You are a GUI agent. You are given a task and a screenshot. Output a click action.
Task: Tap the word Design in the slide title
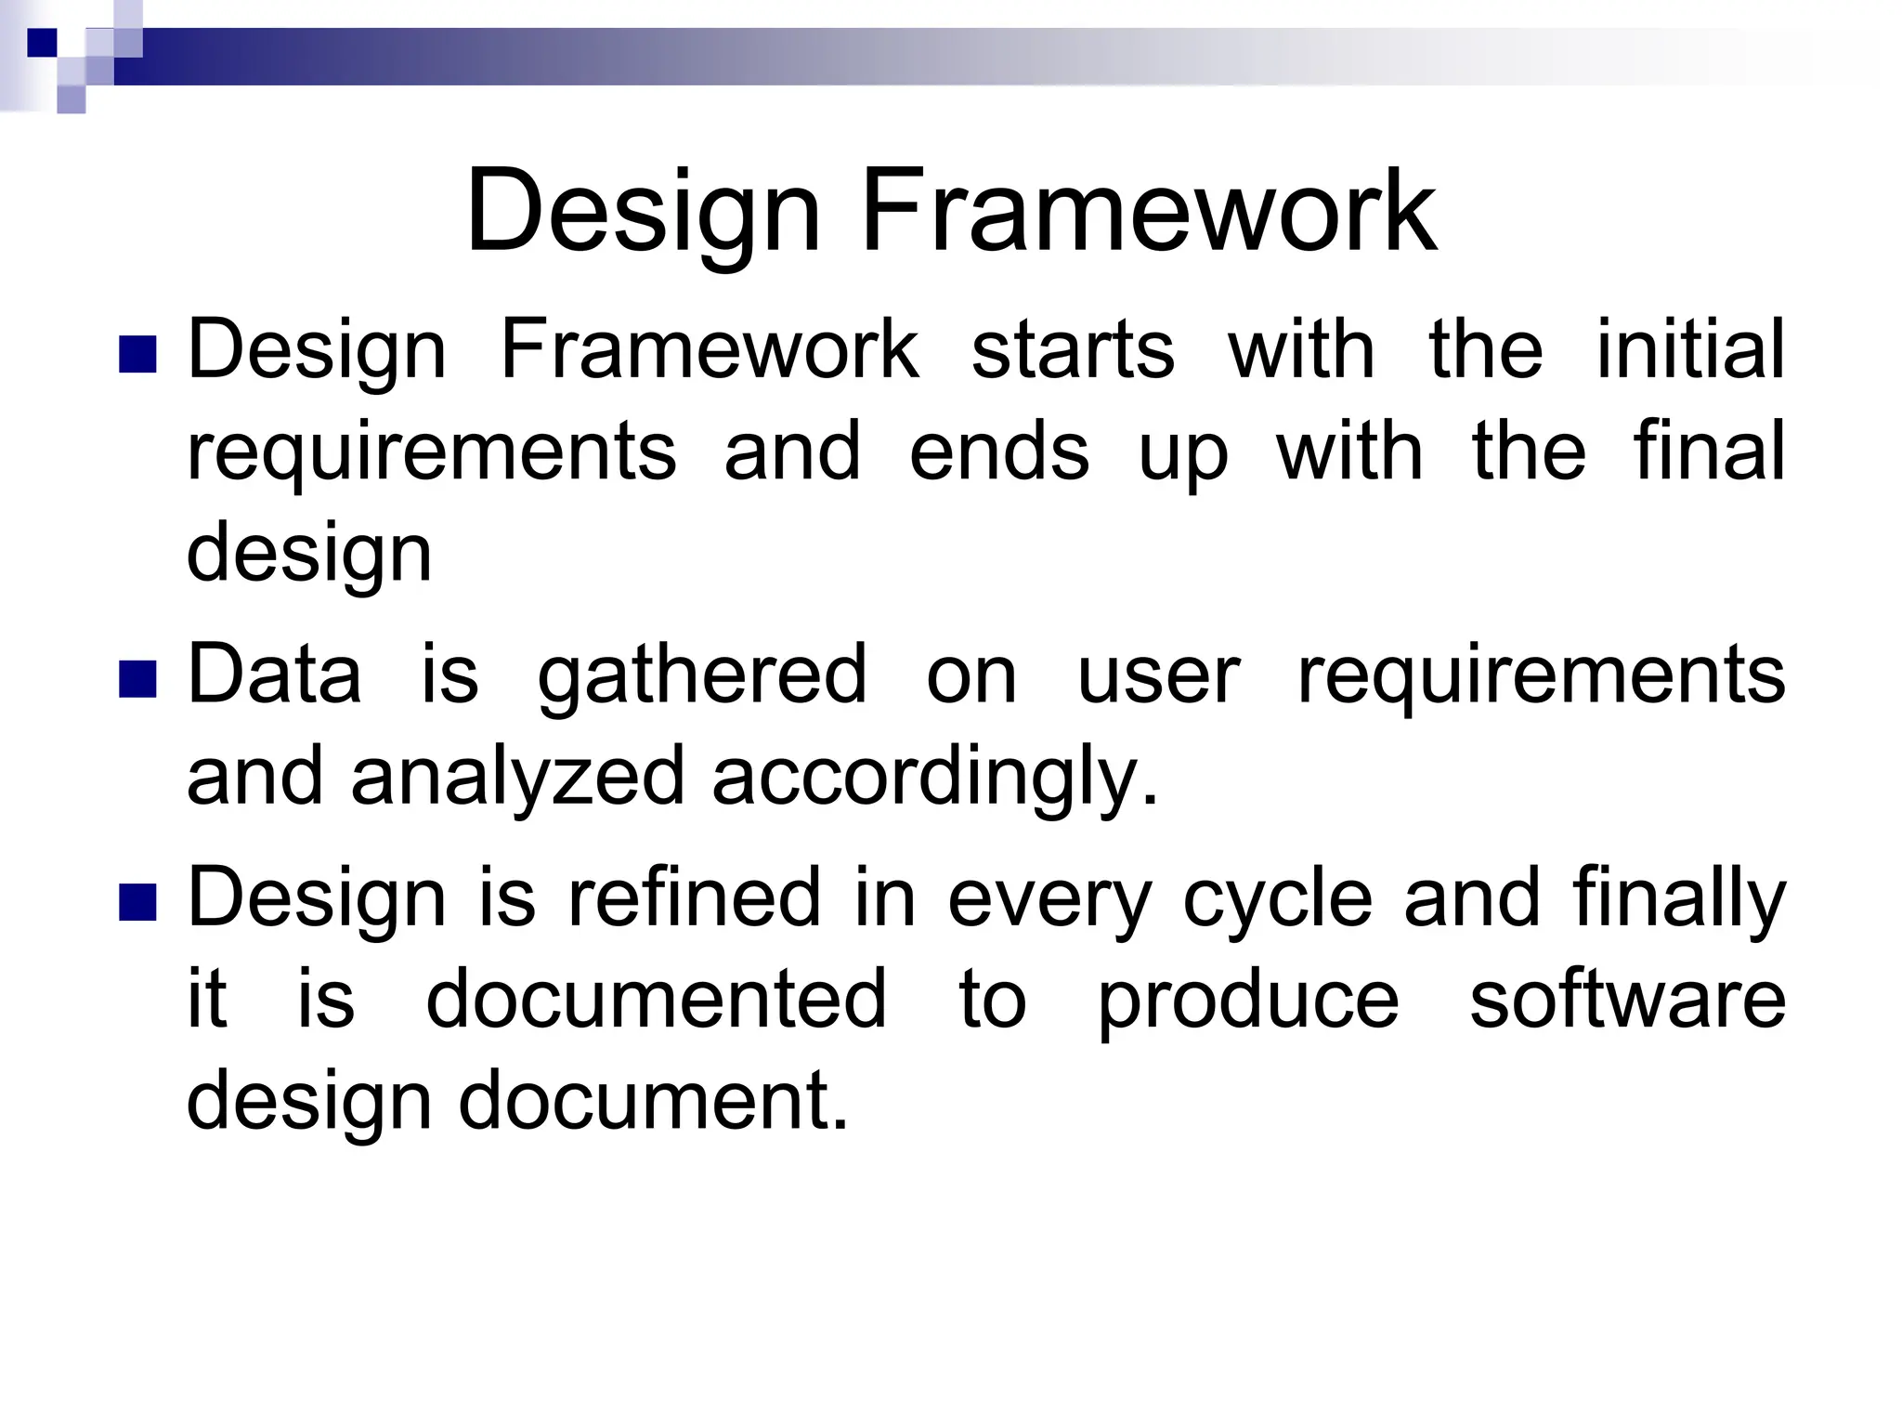pyautogui.click(x=643, y=212)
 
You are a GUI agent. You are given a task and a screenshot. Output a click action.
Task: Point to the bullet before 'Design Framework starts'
pyautogui.click(x=137, y=354)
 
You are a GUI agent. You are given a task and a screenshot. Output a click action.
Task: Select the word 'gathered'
pyautogui.click(x=702, y=676)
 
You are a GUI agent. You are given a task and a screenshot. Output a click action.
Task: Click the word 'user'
pyautogui.click(x=1158, y=676)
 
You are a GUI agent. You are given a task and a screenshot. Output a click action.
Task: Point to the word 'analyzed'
pyautogui.click(x=517, y=779)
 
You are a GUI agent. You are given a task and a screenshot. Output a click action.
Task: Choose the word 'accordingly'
pyautogui.click(x=934, y=779)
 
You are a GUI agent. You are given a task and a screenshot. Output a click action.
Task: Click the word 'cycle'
pyautogui.click(x=1278, y=899)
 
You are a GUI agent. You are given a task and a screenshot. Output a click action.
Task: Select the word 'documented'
pyautogui.click(x=656, y=1000)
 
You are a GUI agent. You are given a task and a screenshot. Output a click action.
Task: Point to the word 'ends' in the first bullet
pyautogui.click(x=998, y=452)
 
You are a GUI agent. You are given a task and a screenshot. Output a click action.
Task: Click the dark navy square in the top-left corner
pyautogui.click(x=42, y=43)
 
